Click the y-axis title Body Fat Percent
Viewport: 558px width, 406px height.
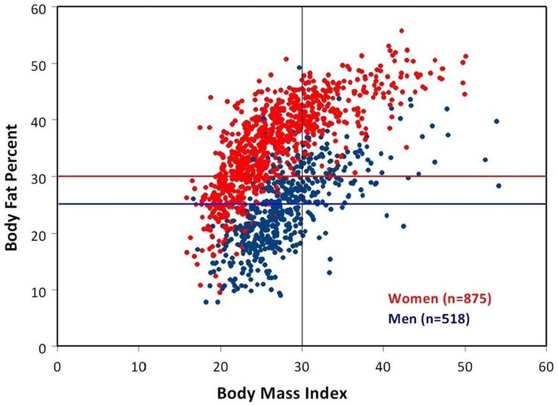pos(12,177)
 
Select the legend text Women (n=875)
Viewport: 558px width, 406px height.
pos(439,299)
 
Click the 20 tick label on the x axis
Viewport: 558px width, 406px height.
pos(220,359)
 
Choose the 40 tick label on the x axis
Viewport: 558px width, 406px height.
pos(383,359)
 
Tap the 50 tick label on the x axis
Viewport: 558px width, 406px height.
pos(464,359)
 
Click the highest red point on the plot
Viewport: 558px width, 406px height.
pos(401,31)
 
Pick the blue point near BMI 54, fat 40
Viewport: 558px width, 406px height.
pos(496,121)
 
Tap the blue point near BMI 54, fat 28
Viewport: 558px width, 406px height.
pos(498,186)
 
